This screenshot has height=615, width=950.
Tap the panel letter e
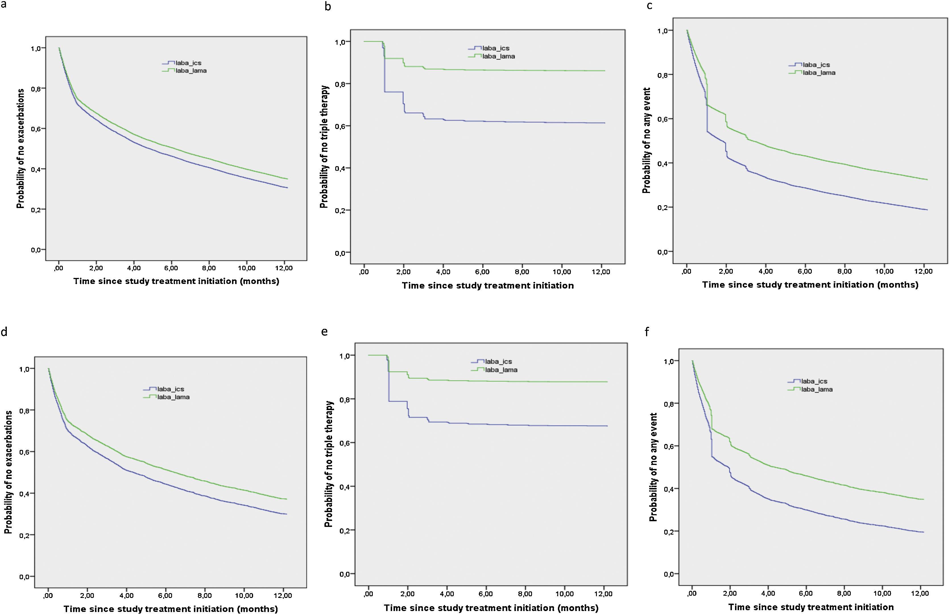click(324, 331)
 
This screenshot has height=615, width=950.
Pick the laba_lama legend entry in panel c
click(819, 72)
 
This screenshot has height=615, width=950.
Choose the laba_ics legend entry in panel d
click(170, 389)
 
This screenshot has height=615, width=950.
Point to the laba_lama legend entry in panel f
click(817, 389)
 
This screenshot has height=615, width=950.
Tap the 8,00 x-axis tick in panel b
click(522, 272)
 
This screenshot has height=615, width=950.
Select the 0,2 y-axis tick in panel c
click(663, 208)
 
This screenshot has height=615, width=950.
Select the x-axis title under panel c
click(810, 285)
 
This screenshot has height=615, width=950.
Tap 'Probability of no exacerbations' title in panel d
click(8, 473)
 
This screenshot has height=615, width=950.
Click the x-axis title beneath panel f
click(811, 607)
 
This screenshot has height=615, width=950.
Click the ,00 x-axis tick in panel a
click(58, 268)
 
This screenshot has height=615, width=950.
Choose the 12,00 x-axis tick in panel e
click(603, 594)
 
